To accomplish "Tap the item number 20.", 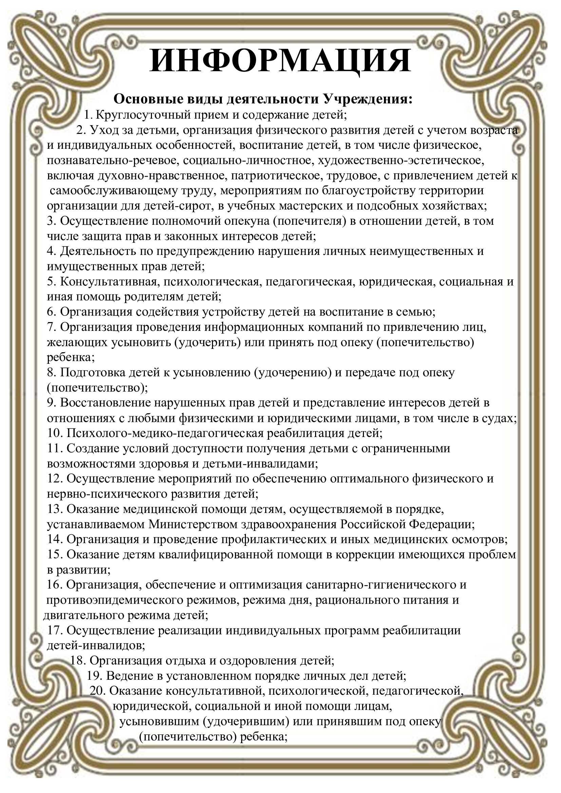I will point(97,691).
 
